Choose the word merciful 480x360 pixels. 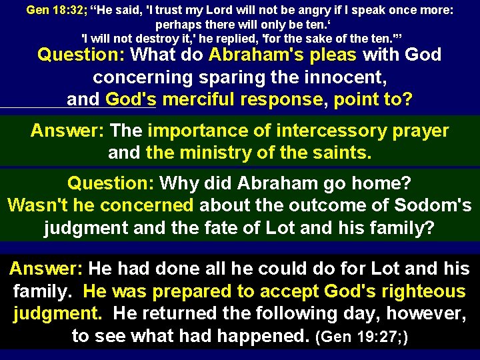(200, 100)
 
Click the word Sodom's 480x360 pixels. (429, 205)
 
